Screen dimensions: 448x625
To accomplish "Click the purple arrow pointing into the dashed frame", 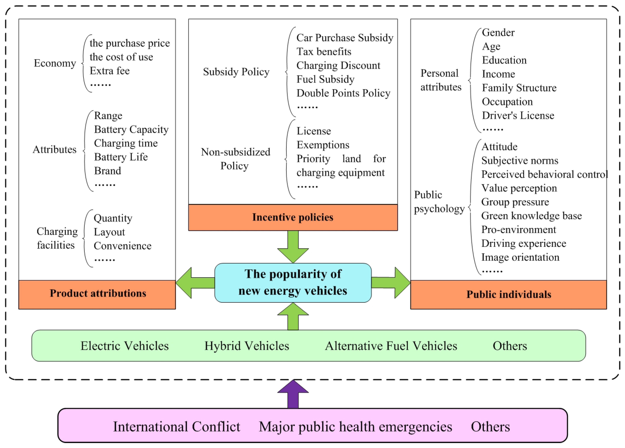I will [x=293, y=395].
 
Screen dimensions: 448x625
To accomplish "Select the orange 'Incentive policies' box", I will [x=293, y=217].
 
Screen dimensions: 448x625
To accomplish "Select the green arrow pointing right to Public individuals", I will [x=391, y=283].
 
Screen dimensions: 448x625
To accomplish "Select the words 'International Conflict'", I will [x=176, y=426].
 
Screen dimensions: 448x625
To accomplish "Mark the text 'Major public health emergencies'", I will [x=355, y=426].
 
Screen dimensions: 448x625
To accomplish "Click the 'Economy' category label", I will [x=55, y=63].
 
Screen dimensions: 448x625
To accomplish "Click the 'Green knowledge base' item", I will [x=531, y=216].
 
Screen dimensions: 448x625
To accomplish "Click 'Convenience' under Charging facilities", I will [x=122, y=246].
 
